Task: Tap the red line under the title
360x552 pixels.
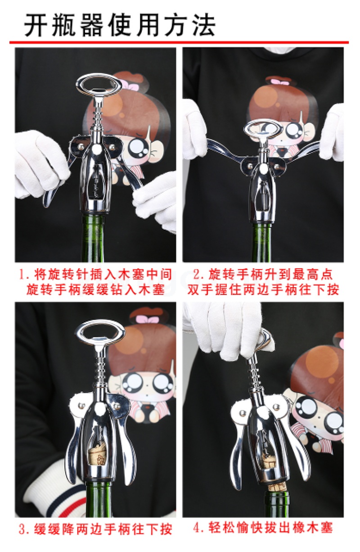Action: (179, 42)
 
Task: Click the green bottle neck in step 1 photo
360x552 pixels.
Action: (93, 239)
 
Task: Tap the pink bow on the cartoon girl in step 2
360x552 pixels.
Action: (280, 81)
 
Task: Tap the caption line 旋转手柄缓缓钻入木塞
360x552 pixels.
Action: (95, 289)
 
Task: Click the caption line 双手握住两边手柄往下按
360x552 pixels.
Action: (263, 289)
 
